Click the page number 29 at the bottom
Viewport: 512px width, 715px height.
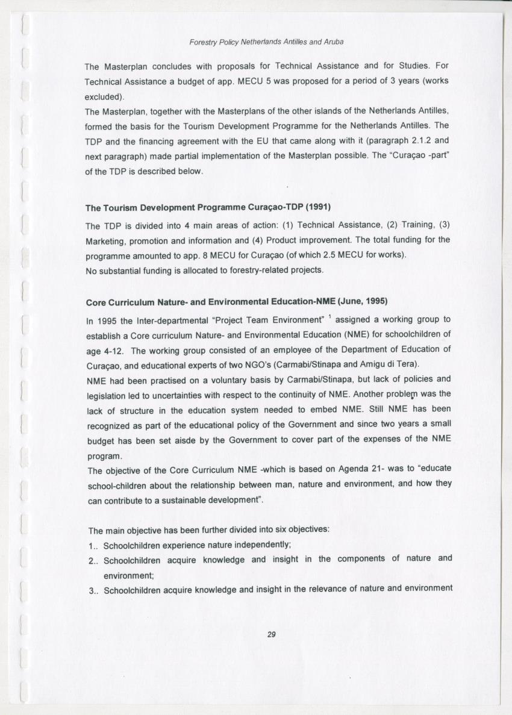click(270, 634)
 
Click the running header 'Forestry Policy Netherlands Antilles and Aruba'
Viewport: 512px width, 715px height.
click(266, 43)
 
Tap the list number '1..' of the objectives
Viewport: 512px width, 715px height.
click(93, 546)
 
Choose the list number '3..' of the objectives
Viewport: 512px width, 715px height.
click(93, 590)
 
